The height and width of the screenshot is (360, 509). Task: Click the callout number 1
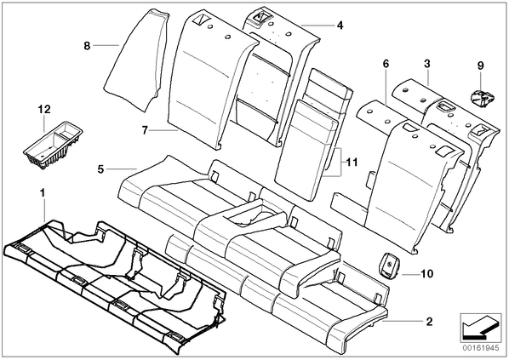(42, 193)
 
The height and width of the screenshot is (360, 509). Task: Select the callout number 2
(429, 322)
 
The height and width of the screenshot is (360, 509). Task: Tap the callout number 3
(427, 64)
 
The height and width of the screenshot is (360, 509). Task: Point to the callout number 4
(340, 25)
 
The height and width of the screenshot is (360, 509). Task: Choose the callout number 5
(100, 169)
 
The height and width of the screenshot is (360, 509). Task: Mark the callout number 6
(386, 64)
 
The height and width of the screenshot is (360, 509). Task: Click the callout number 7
(145, 130)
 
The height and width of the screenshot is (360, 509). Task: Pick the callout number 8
(86, 46)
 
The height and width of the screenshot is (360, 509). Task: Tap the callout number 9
(480, 66)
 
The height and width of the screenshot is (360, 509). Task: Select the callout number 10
(427, 274)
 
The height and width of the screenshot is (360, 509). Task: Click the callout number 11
(352, 162)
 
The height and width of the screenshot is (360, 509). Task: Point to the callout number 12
(44, 109)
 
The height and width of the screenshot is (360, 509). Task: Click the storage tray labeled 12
(53, 146)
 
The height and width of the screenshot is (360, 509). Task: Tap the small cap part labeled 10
(388, 266)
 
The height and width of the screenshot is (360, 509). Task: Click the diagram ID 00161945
(480, 348)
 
